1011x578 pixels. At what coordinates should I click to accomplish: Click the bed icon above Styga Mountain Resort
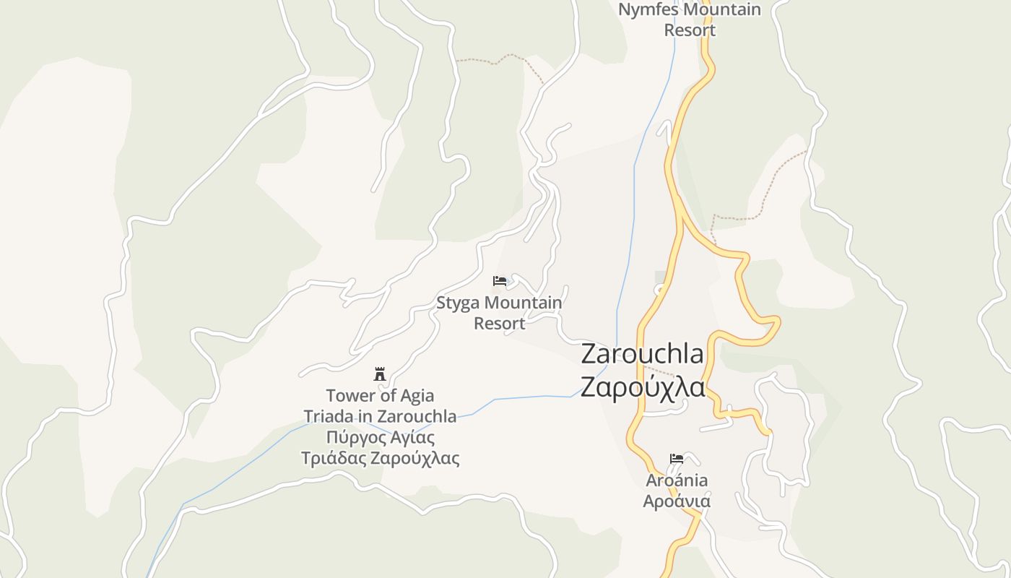[x=499, y=281]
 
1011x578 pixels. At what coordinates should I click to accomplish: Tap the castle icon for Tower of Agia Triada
[x=380, y=374]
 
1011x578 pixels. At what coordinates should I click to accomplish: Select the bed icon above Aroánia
[x=677, y=459]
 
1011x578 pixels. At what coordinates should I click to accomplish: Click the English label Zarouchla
[x=642, y=354]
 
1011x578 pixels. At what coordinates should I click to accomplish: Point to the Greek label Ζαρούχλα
[x=643, y=387]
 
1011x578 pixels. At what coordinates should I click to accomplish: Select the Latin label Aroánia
[x=677, y=480]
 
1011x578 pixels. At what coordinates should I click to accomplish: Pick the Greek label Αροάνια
[x=677, y=501]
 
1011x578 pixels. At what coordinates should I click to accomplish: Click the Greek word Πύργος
[x=353, y=437]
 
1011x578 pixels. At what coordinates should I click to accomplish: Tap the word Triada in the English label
[x=328, y=416]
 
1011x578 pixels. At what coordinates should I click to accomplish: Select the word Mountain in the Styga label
[x=523, y=303]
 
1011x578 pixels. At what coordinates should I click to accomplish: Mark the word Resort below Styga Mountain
[x=499, y=323]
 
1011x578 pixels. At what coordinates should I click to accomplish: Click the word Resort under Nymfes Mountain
[x=690, y=30]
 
